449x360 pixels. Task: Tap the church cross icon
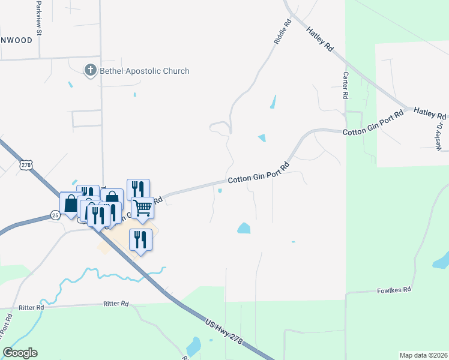point(91,70)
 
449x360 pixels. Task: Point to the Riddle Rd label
point(282,32)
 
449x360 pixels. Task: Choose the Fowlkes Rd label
point(394,289)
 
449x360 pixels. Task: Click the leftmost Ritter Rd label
point(31,307)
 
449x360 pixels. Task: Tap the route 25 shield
point(55,215)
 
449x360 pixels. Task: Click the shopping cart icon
point(142,208)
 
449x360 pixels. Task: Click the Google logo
point(20,353)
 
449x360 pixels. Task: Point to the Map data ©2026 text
point(423,355)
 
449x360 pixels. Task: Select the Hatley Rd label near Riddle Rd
point(319,41)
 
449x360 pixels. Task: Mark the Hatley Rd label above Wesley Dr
point(429,113)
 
